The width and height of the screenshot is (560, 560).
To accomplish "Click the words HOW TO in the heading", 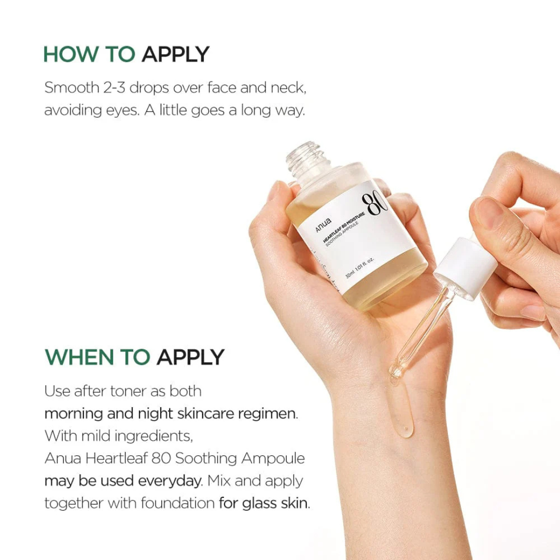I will tap(89, 54).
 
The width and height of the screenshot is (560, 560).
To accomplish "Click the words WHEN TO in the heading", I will tap(97, 357).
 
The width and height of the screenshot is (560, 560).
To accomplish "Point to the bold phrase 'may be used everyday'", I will tap(122, 481).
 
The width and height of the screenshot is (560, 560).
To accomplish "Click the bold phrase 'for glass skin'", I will tap(263, 503).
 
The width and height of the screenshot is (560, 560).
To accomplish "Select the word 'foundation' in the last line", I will tap(180, 503).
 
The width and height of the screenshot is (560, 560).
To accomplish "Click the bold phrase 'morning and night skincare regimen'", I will tap(171, 414).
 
